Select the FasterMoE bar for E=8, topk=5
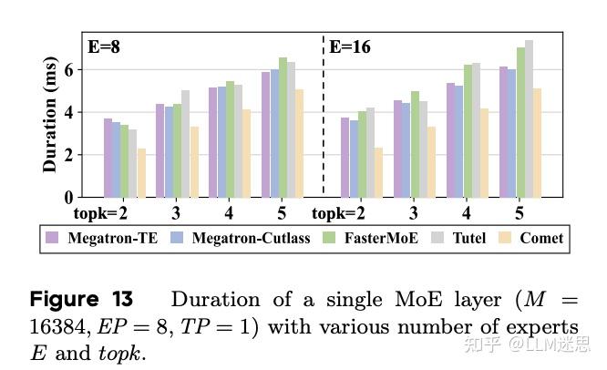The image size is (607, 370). click(x=283, y=128)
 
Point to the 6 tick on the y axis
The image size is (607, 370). click(x=67, y=70)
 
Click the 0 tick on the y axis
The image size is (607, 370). click(x=67, y=197)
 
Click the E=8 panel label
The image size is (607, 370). click(x=104, y=47)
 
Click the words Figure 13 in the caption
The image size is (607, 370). click(x=82, y=300)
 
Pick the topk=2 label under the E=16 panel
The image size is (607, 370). click(x=339, y=214)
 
